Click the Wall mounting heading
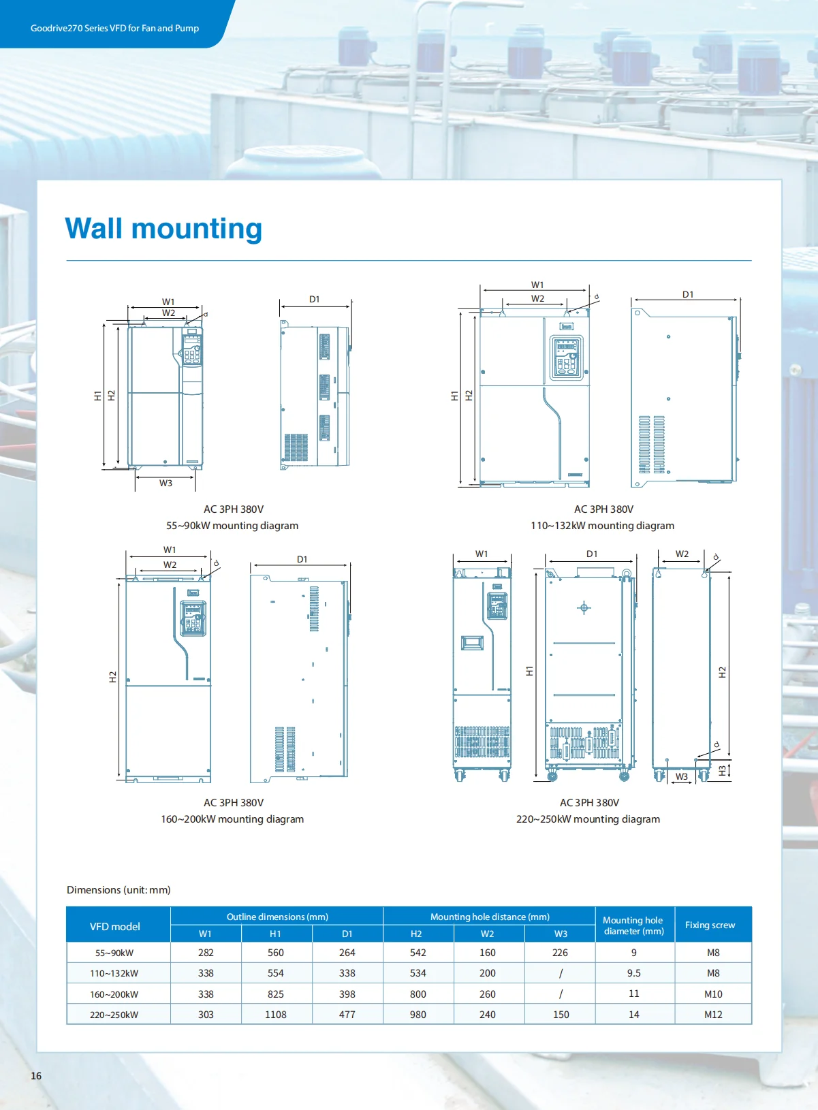[x=163, y=229]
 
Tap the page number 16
[x=36, y=1075]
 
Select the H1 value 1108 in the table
[x=276, y=1015]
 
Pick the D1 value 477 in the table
[x=347, y=1015]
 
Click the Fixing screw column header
[x=710, y=925]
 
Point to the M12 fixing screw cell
[x=713, y=1015]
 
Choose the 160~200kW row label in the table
[x=114, y=994]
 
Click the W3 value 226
[x=561, y=953]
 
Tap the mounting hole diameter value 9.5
[x=633, y=973]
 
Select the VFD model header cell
[x=115, y=926]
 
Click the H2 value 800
[x=418, y=994]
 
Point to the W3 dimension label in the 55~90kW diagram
[x=166, y=483]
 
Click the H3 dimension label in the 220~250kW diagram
[x=723, y=771]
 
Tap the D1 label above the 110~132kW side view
[x=688, y=294]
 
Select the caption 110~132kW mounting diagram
[x=602, y=525]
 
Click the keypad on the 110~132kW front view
[x=567, y=358]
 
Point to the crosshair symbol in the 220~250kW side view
[x=584, y=607]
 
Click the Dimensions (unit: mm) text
[x=119, y=889]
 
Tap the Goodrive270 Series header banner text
[x=114, y=28]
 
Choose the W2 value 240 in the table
[x=488, y=1015]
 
